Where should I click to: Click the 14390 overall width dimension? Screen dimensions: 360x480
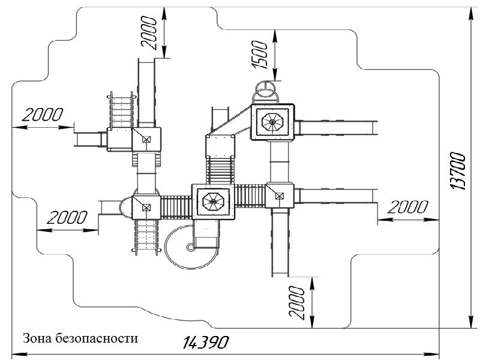tap(204, 343)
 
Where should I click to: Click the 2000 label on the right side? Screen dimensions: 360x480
tap(407, 208)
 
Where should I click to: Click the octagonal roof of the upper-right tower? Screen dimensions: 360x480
tap(272, 123)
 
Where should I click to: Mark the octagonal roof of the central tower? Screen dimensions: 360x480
tap(213, 201)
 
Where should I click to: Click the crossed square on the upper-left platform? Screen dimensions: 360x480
tap(146, 139)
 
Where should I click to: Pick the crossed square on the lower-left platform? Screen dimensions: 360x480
tap(145, 207)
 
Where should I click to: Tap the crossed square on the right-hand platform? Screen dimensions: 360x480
tap(278, 194)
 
